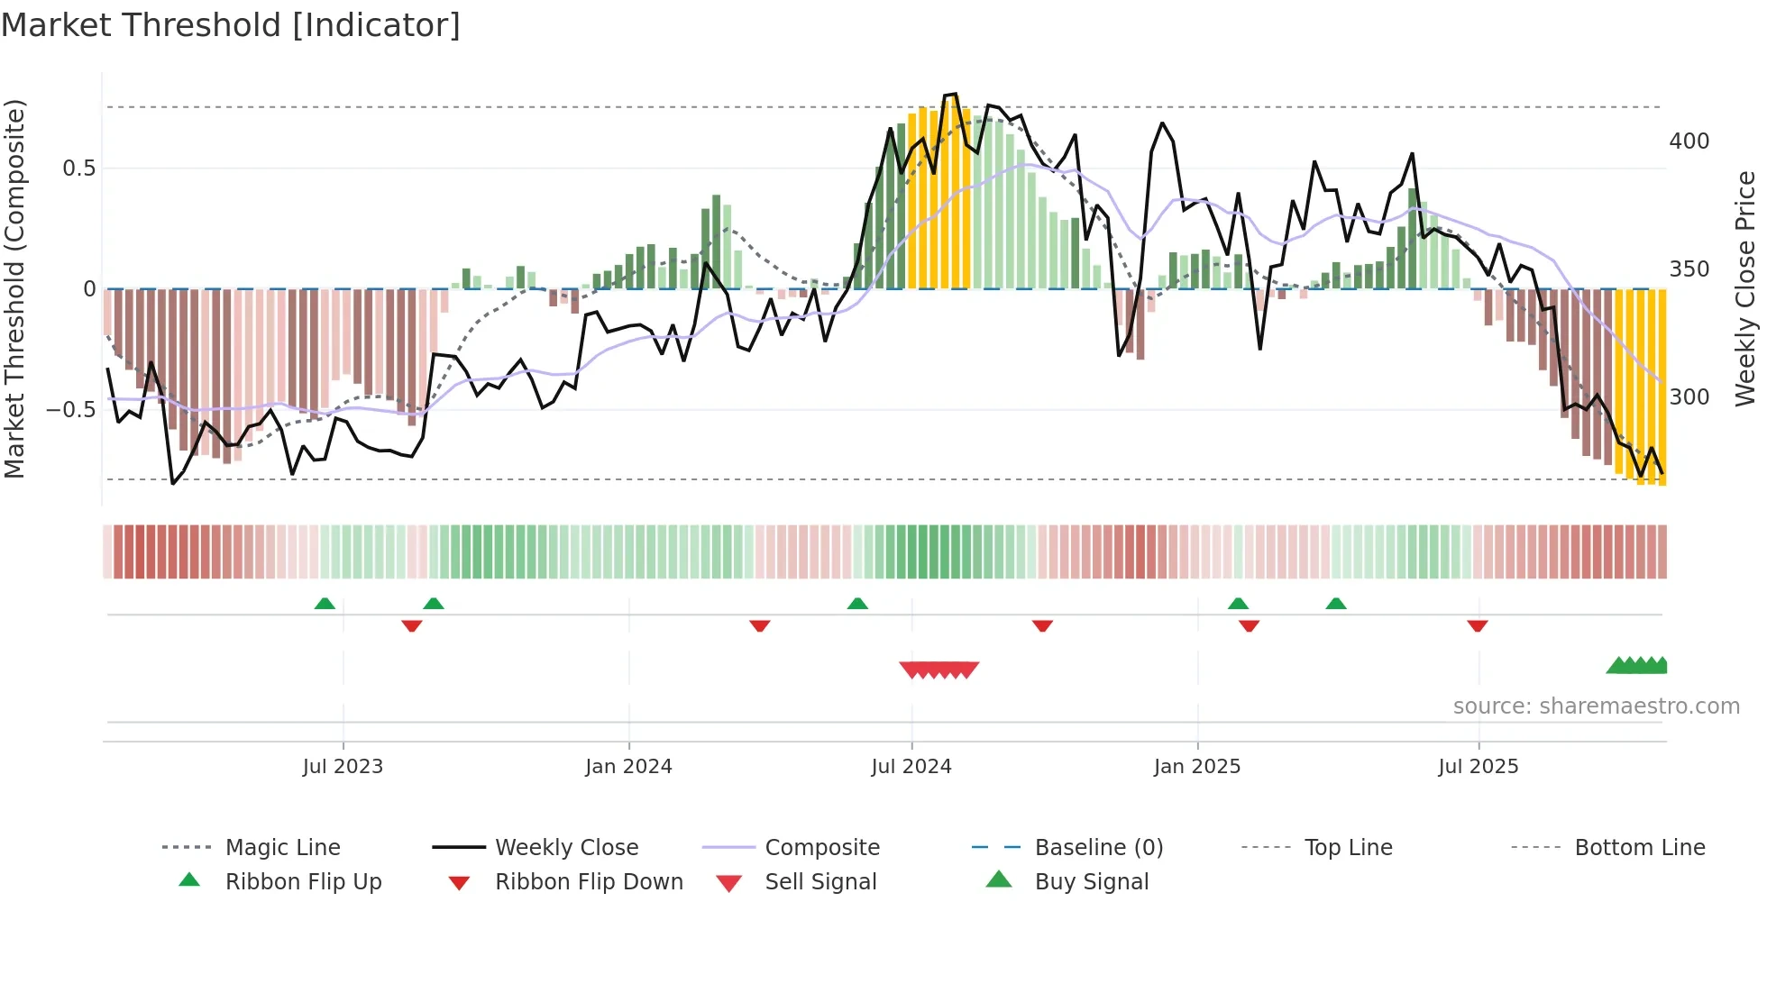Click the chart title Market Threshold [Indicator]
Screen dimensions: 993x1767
tap(231, 25)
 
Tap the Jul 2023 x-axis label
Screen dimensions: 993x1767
tap(343, 767)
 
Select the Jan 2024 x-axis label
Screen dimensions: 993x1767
tap(628, 767)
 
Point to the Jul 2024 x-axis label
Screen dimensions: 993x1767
tap(911, 767)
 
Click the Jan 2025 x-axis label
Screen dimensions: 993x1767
tap(1197, 767)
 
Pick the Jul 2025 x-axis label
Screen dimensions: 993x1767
tap(1479, 767)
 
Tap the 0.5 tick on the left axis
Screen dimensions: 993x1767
tap(78, 169)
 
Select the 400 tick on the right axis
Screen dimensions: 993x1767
tap(1689, 141)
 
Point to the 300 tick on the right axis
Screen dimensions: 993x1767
tap(1689, 397)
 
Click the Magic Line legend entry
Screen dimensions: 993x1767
tap(282, 848)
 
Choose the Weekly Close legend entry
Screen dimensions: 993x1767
tap(566, 848)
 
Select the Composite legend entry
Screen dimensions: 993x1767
tap(822, 848)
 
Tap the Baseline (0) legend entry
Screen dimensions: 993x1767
tap(1099, 848)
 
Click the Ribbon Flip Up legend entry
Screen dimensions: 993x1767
tap(303, 882)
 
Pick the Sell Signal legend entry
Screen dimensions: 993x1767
tap(820, 882)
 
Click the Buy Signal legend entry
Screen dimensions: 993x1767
tap(1092, 882)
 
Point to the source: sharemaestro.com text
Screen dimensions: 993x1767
tap(1596, 706)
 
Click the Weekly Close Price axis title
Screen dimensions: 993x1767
tap(1746, 288)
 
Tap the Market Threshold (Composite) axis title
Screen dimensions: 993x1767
tap(14, 288)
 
